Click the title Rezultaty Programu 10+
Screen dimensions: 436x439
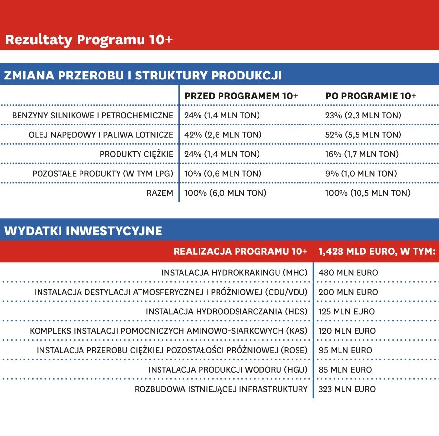click(89, 40)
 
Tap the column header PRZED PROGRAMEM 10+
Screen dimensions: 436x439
click(241, 96)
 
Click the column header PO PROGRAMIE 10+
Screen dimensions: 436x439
click(371, 96)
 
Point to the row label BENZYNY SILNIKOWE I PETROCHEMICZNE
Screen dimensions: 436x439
click(93, 116)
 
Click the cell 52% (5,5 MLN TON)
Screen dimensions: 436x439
click(363, 135)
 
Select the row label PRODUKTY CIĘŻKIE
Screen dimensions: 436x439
click(137, 154)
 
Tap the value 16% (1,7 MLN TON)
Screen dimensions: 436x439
click(361, 154)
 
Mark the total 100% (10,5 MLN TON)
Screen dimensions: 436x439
click(368, 193)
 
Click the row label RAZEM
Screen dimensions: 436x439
click(160, 193)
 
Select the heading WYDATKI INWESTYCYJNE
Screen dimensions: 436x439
click(83, 231)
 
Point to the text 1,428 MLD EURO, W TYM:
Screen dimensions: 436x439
click(377, 252)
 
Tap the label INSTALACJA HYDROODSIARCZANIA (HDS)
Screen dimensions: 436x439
click(227, 312)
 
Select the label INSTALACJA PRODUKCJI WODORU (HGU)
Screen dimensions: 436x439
click(228, 370)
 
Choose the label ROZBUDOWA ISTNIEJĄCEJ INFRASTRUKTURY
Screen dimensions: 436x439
click(221, 389)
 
